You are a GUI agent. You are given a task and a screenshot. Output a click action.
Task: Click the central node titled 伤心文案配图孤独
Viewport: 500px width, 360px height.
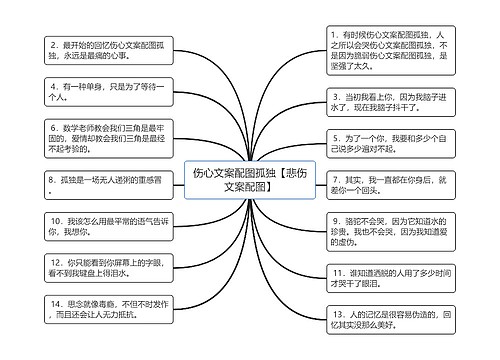[249, 179]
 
